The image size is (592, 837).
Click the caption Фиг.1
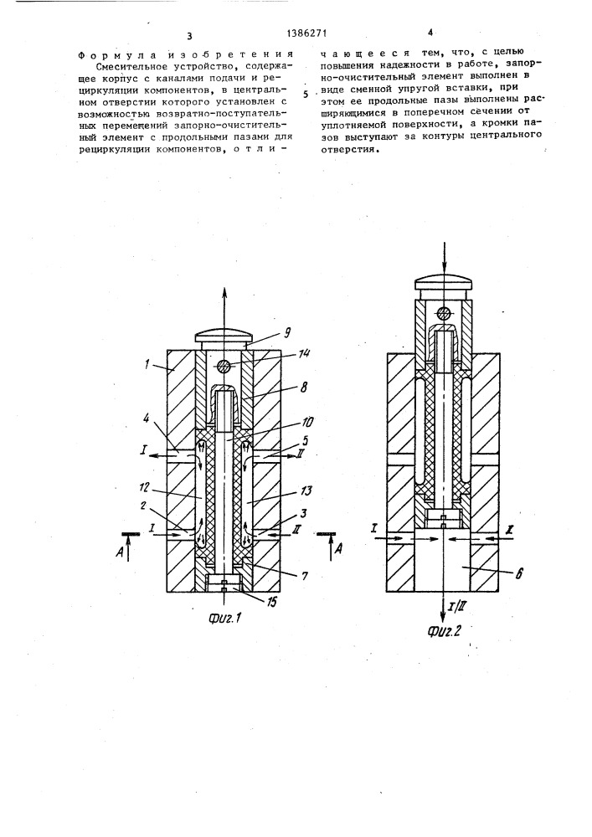click(224, 619)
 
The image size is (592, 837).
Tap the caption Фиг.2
click(443, 630)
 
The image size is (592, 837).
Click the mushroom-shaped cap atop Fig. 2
click(444, 281)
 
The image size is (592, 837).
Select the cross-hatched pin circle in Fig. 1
click(224, 367)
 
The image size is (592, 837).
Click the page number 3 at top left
click(189, 36)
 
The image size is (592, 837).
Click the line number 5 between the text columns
click(306, 95)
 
